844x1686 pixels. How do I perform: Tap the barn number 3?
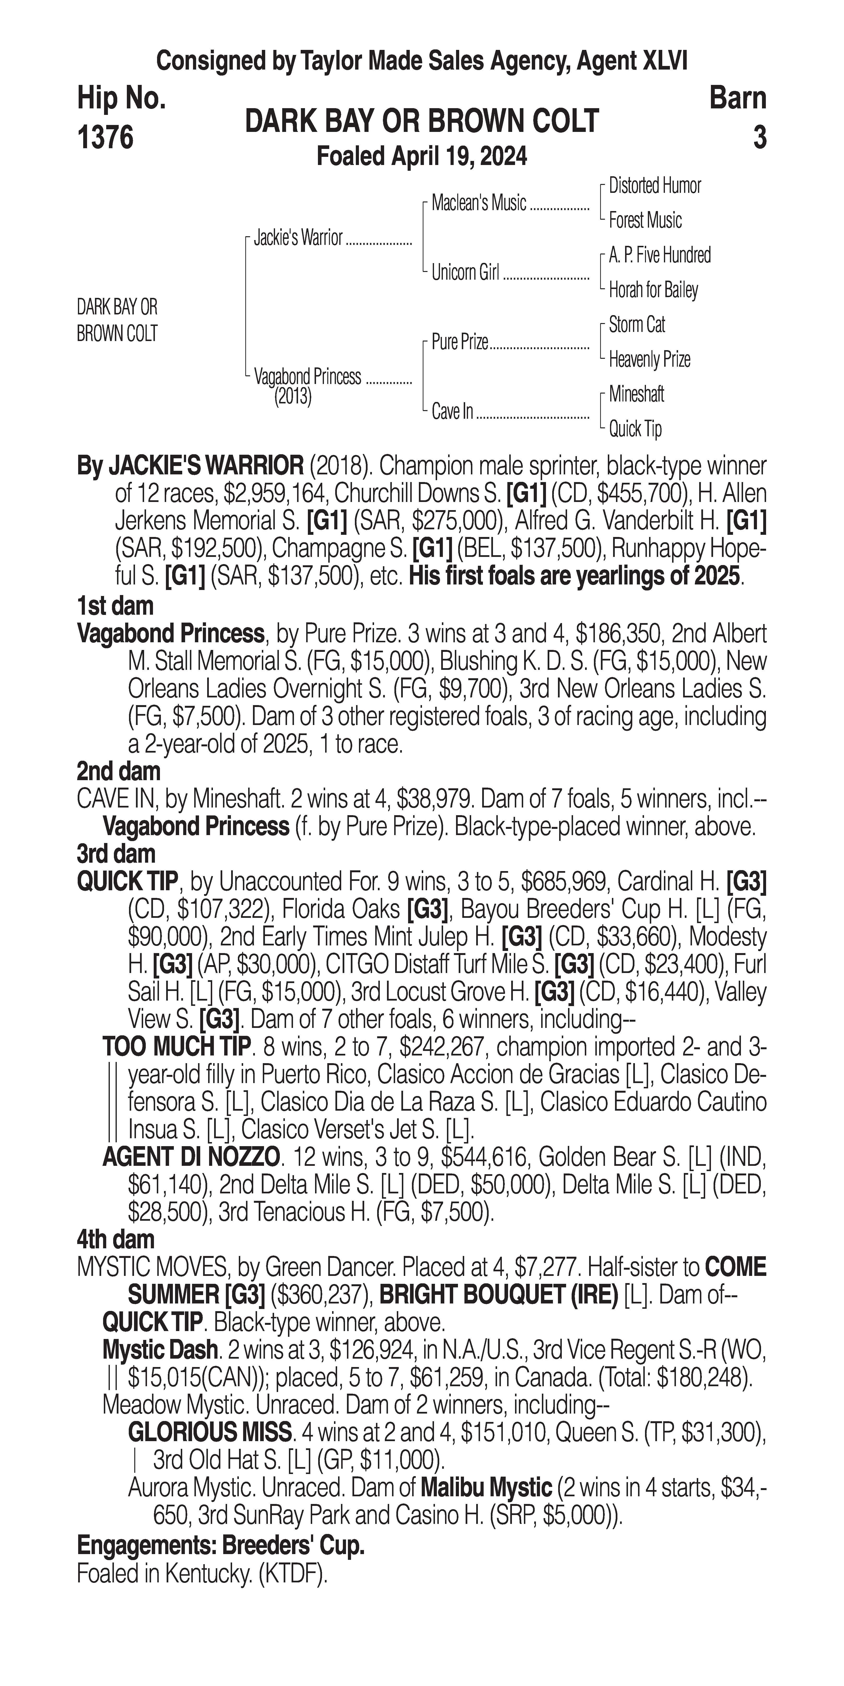(759, 137)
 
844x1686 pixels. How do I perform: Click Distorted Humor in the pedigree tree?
(654, 186)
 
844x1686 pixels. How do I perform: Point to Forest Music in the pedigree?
(645, 221)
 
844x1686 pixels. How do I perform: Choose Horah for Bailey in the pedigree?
(653, 290)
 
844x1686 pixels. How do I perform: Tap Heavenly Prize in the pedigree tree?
(649, 359)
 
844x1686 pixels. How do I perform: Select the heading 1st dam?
(115, 606)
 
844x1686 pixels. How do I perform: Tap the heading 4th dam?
(115, 1240)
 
